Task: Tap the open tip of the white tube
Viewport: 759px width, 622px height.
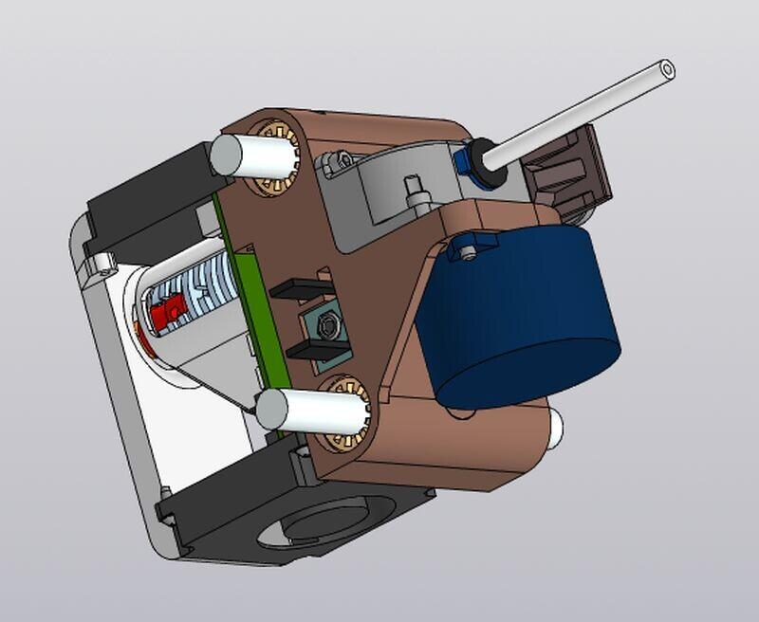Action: pos(667,68)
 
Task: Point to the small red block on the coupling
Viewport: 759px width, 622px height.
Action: pos(171,308)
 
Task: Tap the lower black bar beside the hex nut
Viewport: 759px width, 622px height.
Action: pos(318,352)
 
